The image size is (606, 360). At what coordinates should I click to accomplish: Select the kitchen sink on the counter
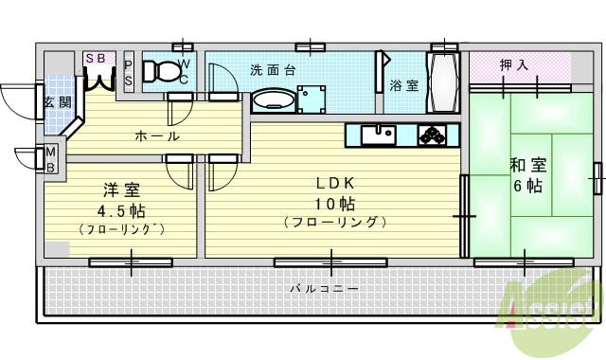pyautogui.click(x=382, y=134)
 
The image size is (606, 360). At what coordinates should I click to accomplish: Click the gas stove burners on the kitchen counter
pyautogui.click(x=434, y=134)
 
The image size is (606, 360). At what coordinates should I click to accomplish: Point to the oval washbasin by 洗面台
pyautogui.click(x=273, y=99)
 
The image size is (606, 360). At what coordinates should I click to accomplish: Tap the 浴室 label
pyautogui.click(x=404, y=85)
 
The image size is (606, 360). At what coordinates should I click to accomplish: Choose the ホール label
pyautogui.click(x=157, y=136)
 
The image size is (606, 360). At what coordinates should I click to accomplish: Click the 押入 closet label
pyautogui.click(x=515, y=64)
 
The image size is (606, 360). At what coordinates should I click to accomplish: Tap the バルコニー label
pyautogui.click(x=324, y=288)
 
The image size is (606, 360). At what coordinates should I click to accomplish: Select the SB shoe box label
pyautogui.click(x=96, y=58)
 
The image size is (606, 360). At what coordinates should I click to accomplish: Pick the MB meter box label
pyautogui.click(x=51, y=159)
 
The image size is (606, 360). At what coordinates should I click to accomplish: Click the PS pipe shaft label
pyautogui.click(x=129, y=72)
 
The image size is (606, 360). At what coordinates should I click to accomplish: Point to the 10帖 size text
pyautogui.click(x=334, y=204)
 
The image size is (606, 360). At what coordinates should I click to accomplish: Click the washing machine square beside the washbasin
pyautogui.click(x=310, y=100)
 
